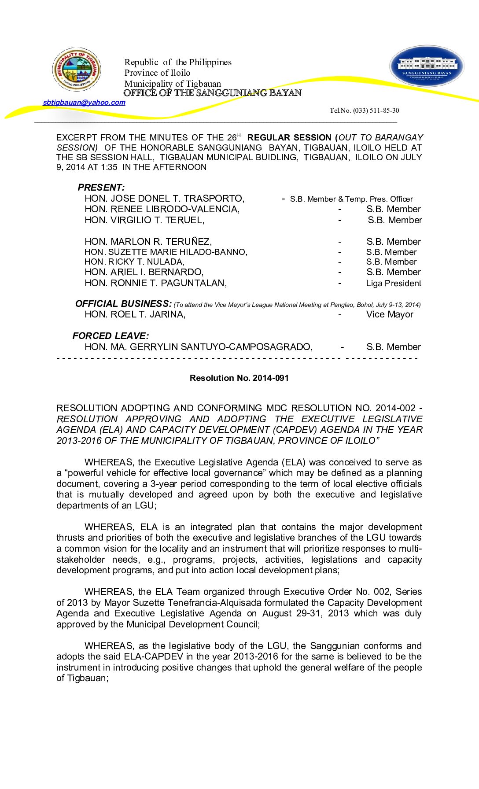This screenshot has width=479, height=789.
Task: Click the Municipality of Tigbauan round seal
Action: (77, 70)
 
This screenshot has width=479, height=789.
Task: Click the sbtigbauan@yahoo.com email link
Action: (84, 103)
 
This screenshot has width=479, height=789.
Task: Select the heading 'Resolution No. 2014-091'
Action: (239, 378)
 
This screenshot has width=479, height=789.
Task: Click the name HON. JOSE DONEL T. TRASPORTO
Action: (164, 199)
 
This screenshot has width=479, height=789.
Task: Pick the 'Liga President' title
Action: (394, 284)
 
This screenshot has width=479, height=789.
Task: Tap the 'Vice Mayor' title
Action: (390, 314)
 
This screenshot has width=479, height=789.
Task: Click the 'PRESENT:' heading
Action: (101, 188)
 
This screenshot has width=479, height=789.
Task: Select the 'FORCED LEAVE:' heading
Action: (111, 336)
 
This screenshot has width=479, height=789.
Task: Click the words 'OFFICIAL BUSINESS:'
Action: (123, 304)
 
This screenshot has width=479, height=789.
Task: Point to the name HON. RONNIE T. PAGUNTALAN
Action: (155, 283)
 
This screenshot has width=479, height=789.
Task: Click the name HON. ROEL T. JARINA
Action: (135, 314)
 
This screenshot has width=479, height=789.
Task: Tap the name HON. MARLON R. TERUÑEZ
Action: (148, 242)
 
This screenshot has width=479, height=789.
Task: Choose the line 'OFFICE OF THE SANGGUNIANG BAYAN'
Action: (212, 93)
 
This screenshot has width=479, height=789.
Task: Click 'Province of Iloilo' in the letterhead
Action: (157, 73)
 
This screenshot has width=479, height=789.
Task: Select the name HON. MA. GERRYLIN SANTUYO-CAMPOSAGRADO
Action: (199, 347)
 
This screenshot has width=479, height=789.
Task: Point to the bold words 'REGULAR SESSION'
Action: (289, 138)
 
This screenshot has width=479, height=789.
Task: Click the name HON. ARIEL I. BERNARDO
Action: (144, 272)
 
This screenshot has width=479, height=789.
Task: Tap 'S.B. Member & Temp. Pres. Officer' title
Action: (351, 199)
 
